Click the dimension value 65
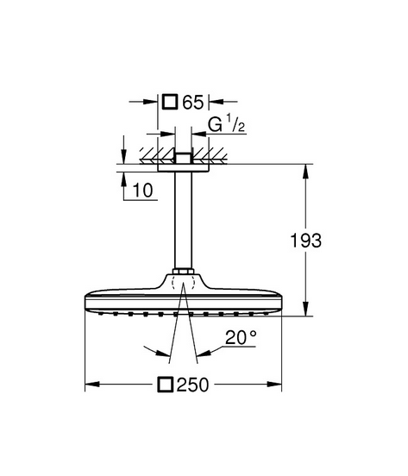pyautogui.click(x=192, y=102)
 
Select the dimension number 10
pyautogui.click(x=143, y=191)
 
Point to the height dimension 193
pyautogui.click(x=305, y=241)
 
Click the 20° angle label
pyautogui.click(x=241, y=337)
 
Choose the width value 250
pyautogui.click(x=192, y=385)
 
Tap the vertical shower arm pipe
pyautogui.click(x=184, y=220)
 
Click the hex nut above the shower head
pyautogui.click(x=184, y=271)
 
